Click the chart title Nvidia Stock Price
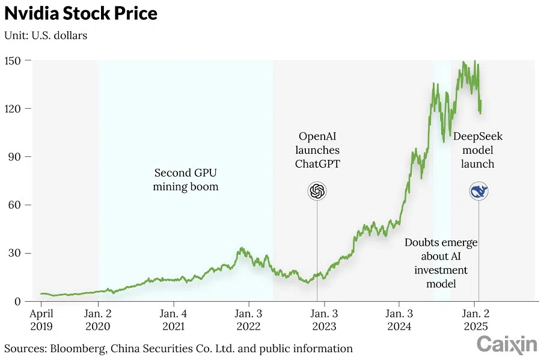(81, 14)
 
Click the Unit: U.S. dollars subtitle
(46, 35)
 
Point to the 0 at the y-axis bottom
(18, 301)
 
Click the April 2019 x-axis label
(41, 320)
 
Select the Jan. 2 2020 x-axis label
(98, 320)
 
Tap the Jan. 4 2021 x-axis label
(173, 320)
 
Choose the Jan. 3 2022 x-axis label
(248, 320)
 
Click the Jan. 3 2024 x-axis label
(399, 320)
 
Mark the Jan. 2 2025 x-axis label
(474, 320)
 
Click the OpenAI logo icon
(317, 192)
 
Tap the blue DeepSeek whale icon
(479, 192)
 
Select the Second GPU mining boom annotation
(186, 180)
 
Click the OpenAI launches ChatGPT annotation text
(317, 150)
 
